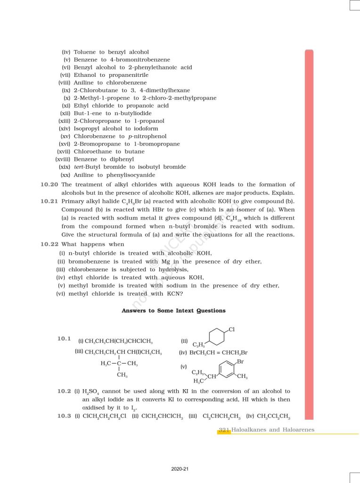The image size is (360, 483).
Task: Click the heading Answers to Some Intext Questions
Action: [x=173, y=311]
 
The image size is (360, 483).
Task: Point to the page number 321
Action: [x=224, y=430]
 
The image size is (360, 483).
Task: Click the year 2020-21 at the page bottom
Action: [x=180, y=469]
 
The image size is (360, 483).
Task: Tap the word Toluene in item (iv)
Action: [x=84, y=52]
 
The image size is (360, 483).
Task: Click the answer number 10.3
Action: [x=64, y=416]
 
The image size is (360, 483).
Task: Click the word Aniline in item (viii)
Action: [x=83, y=83]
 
